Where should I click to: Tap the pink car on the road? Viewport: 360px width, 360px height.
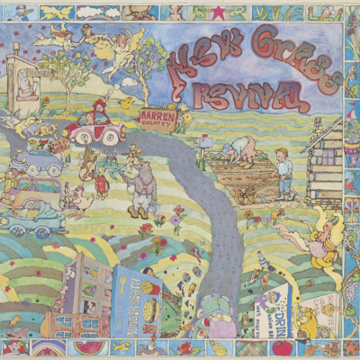[94, 126]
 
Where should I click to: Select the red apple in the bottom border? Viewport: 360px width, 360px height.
[282, 347]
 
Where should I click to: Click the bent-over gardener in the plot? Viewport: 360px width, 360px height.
[242, 148]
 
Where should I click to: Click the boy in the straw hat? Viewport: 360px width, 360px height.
[283, 172]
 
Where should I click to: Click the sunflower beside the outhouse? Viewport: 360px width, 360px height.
[45, 102]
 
